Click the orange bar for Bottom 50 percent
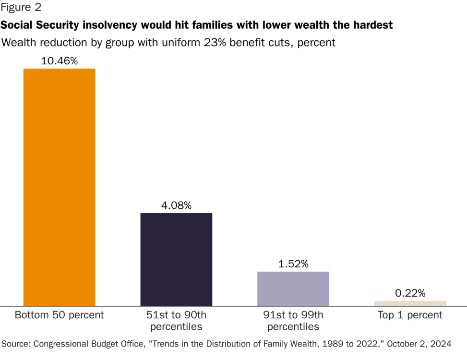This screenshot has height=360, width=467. coord(60,187)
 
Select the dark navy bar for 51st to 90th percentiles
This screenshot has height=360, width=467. coord(176,259)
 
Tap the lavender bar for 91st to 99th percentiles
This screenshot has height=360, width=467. coord(293,288)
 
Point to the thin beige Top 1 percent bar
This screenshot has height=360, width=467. coord(410,303)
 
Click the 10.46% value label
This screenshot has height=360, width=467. coord(60,61)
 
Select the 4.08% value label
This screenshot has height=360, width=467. coord(176,205)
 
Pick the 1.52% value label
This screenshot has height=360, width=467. coord(293,264)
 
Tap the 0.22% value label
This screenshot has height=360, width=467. coord(410,293)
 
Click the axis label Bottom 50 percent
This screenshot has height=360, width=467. coord(60,315)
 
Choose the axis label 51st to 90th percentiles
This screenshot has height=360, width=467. coord(176,321)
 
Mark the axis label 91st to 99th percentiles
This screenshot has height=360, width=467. coord(293,321)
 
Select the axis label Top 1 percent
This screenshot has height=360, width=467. coord(410,315)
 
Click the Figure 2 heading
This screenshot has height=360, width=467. coord(21,8)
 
